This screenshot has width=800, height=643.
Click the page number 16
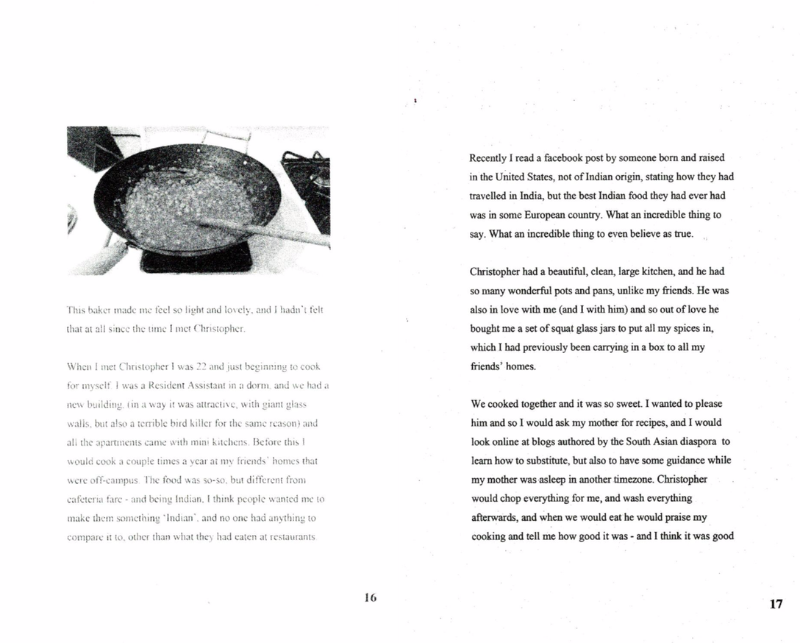[370, 598]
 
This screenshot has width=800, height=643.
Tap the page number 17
[776, 604]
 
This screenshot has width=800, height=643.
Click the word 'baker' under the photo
[99, 311]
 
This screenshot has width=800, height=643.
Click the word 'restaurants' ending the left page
[290, 537]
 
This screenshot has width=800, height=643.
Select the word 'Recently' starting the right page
[488, 158]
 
